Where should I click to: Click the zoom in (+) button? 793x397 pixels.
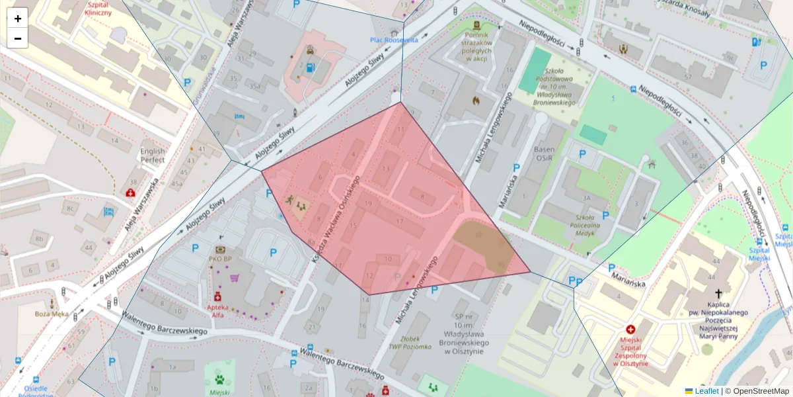(18, 19)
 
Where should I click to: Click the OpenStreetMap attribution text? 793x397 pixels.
(761, 391)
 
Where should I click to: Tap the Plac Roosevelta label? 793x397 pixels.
(394, 40)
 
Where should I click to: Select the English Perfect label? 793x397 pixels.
(153, 155)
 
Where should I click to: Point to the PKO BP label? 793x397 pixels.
(219, 259)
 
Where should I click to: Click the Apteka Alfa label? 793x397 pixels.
(217, 311)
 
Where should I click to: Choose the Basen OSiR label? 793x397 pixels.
(545, 154)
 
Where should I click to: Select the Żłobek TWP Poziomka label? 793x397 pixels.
(410, 342)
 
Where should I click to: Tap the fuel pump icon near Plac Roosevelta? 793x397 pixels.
(310, 66)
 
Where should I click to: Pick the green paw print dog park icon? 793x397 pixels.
(219, 379)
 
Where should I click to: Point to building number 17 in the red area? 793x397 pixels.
(399, 220)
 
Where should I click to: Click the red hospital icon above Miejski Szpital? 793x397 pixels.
(630, 329)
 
